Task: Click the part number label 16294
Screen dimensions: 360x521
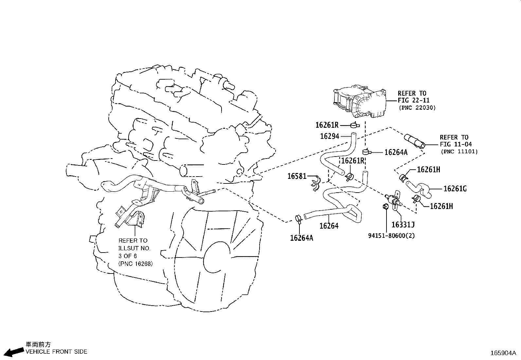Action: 330,136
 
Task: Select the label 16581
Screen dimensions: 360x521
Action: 297,176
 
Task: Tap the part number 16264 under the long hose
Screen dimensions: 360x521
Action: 329,226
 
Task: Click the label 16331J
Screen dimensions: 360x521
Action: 403,224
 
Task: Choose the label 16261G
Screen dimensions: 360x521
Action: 455,189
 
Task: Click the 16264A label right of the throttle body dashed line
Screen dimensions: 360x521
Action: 396,152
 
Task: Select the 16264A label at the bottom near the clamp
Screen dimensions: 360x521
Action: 301,238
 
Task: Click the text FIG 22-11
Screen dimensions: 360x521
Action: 414,100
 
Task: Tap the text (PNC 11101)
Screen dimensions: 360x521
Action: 459,151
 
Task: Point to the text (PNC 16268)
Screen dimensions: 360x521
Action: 135,263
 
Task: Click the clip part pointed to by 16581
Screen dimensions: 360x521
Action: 315,183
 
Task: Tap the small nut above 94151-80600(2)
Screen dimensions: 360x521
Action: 386,206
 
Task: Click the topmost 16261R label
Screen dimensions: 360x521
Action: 327,125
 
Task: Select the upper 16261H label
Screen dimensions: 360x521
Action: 428,169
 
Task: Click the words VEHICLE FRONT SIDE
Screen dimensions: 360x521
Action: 56,351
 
